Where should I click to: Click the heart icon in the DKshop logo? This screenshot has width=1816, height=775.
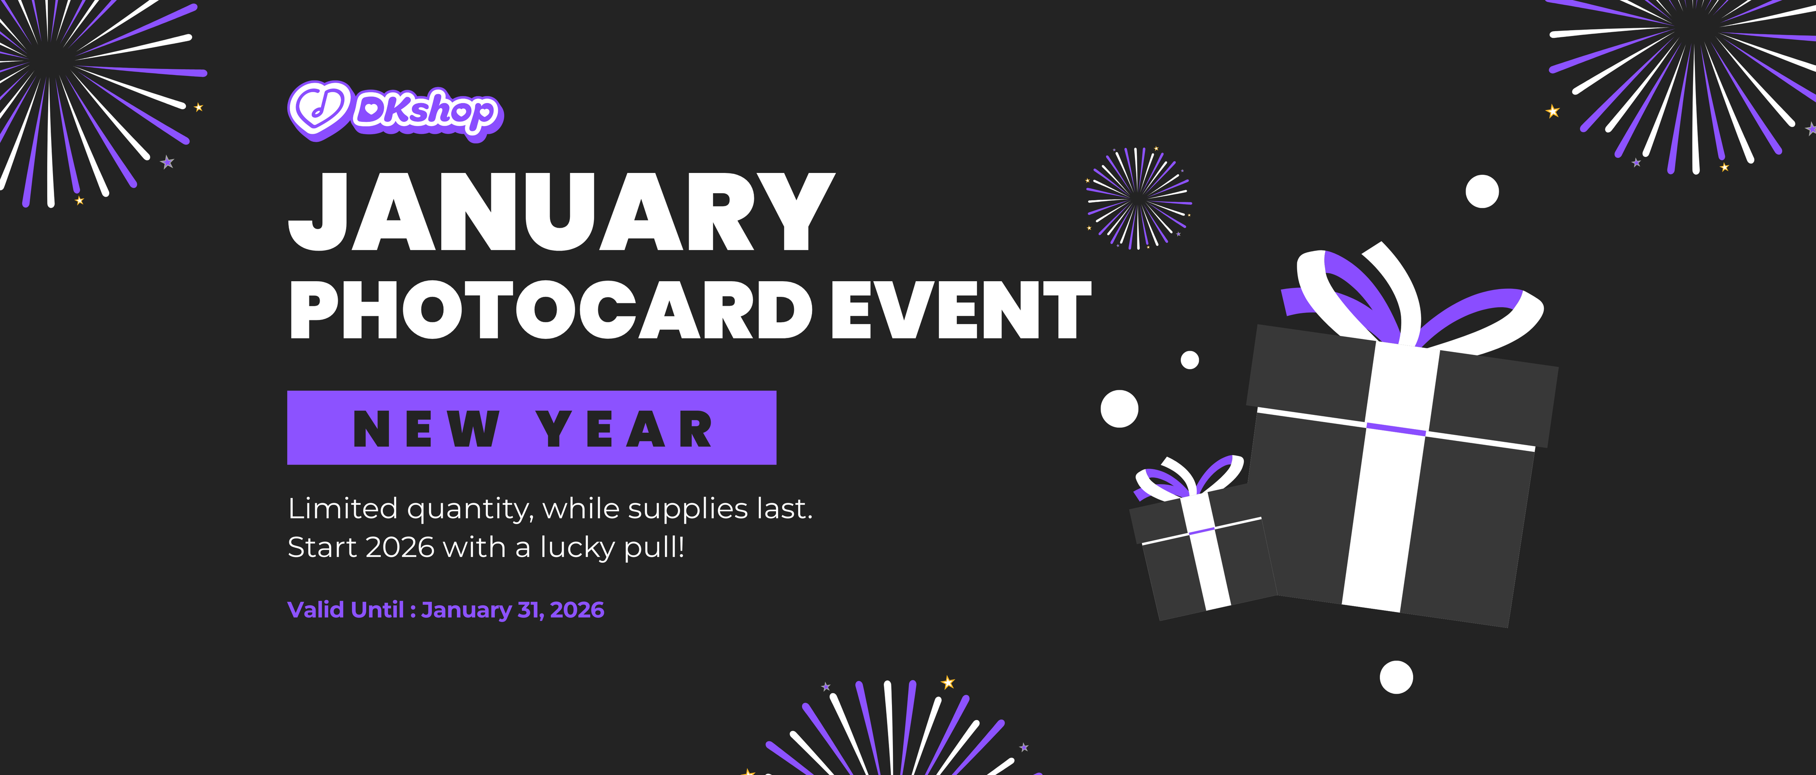319,110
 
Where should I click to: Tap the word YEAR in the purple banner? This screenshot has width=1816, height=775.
625,429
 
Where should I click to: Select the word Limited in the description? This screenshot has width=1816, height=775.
342,508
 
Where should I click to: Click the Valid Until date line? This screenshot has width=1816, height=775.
445,610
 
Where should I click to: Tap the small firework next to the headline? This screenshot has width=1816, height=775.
1138,198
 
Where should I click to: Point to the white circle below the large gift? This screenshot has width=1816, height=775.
1396,677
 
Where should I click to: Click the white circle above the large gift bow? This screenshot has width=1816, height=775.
1482,192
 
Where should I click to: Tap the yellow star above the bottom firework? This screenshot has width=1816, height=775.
948,682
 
